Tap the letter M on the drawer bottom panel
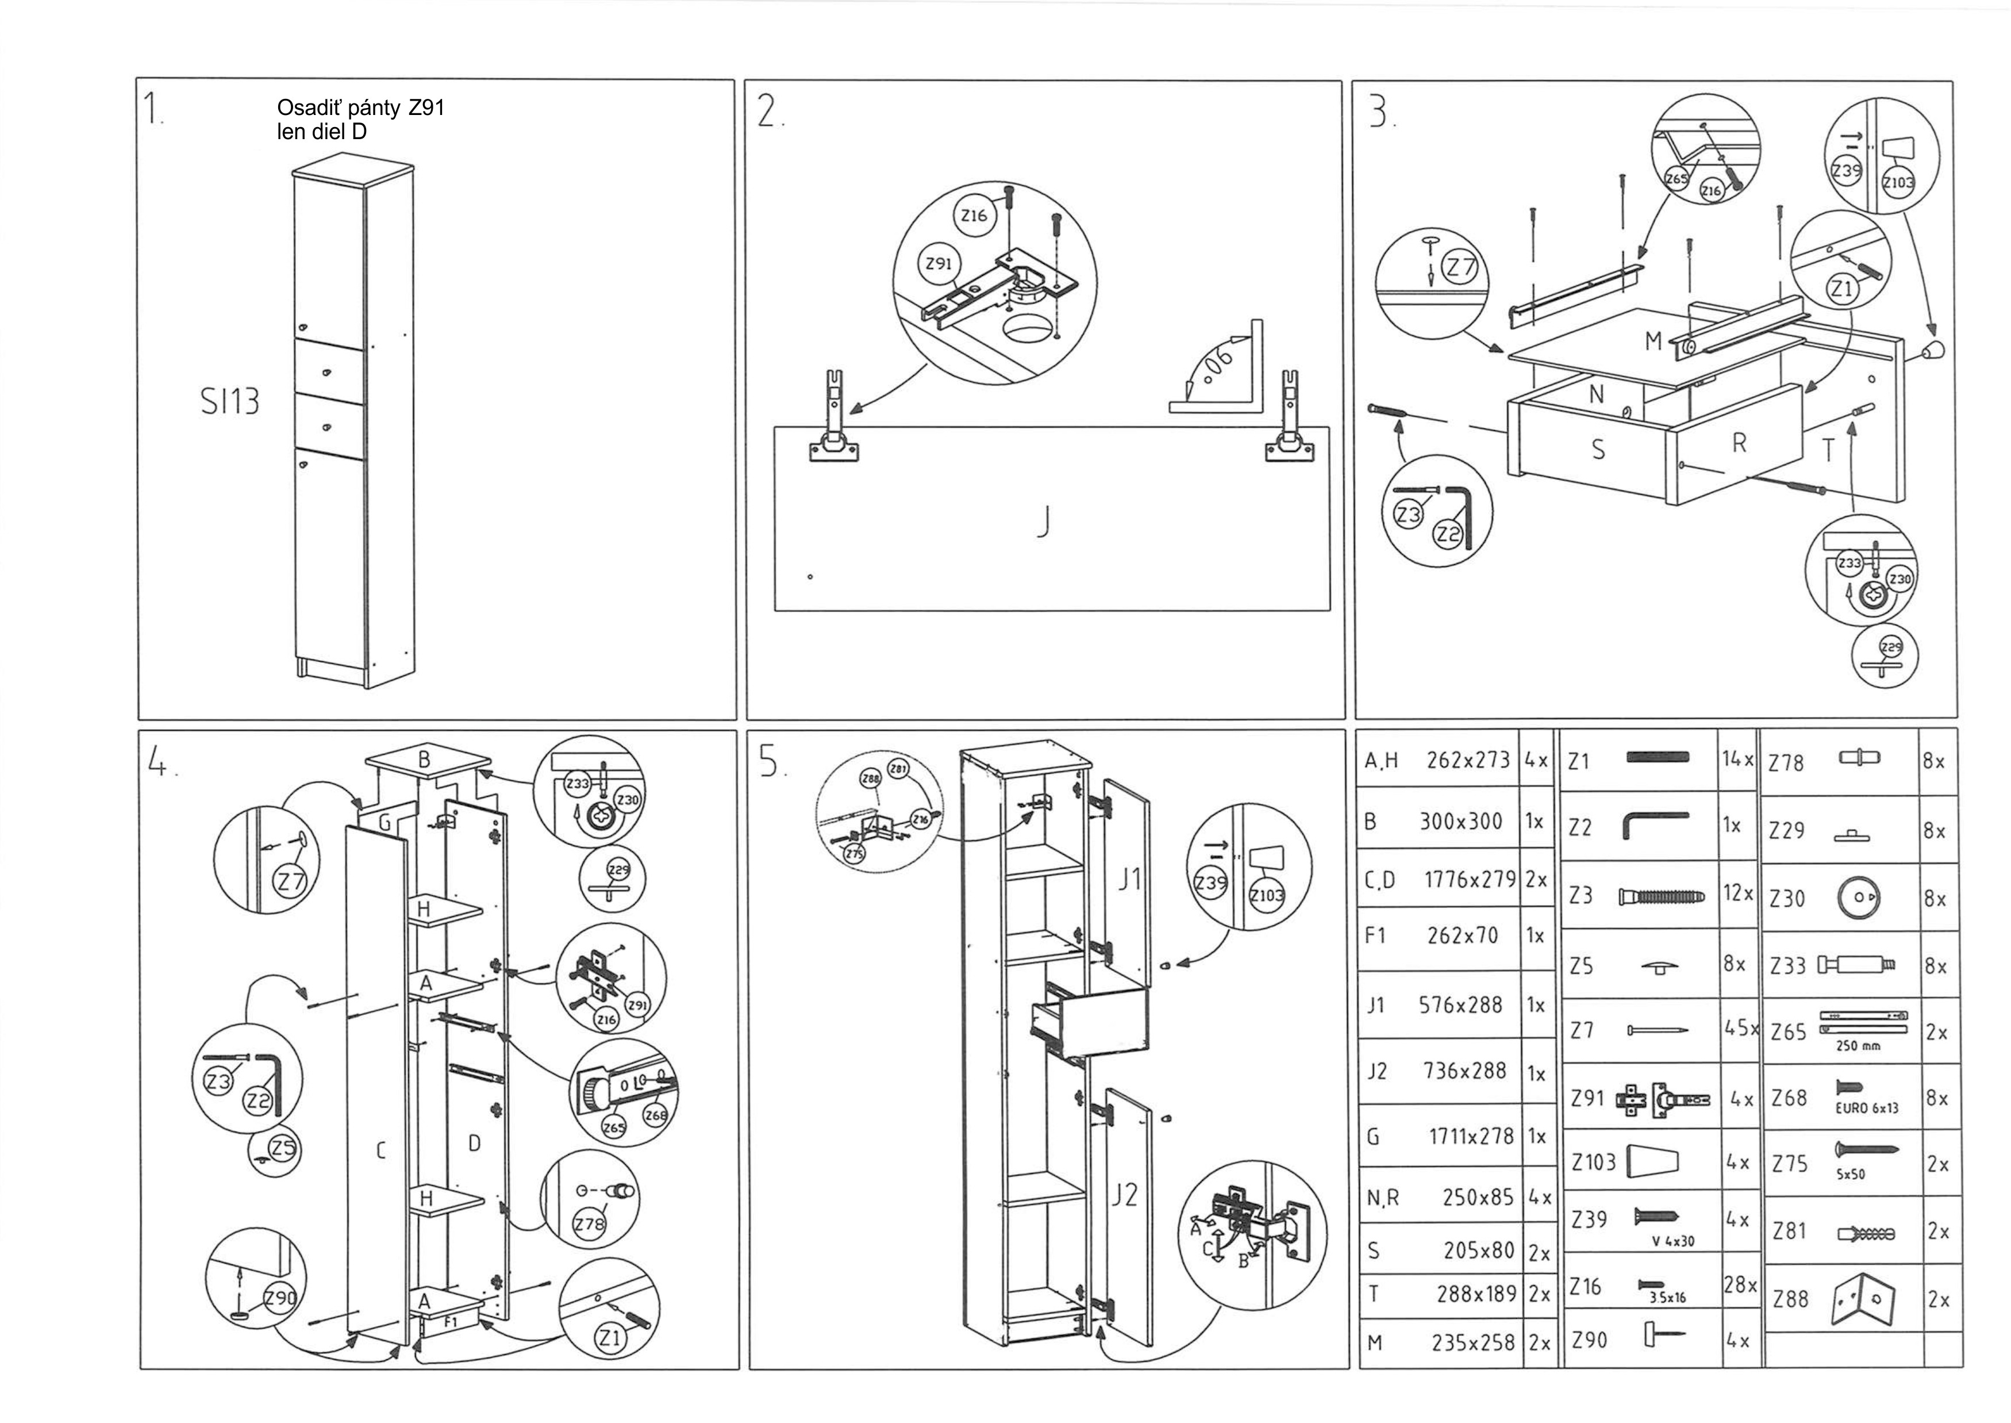tap(1653, 342)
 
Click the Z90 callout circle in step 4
tap(279, 1298)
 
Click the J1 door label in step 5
tap(1130, 880)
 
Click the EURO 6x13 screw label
tap(1867, 1107)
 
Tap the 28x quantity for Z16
tap(1738, 1286)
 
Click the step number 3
tap(1381, 112)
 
